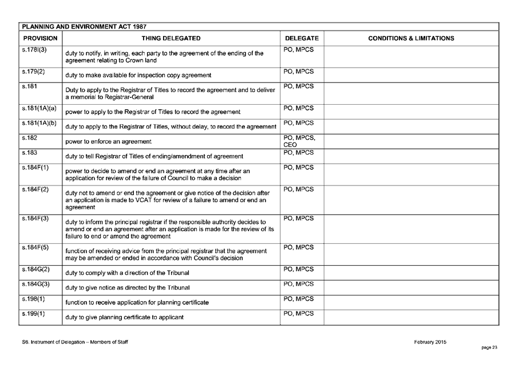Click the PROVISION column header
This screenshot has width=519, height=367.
[x=40, y=38]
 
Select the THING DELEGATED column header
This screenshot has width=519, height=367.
[x=171, y=38]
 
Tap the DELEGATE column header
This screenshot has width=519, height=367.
[x=302, y=38]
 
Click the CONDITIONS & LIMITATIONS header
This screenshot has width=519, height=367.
[x=411, y=38]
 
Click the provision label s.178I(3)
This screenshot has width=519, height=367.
[x=35, y=50]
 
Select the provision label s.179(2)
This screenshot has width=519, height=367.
[x=34, y=72]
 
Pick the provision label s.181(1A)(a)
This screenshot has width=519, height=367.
[x=39, y=108]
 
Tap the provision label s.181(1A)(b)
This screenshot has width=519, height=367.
[x=39, y=123]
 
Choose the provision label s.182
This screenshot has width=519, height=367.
[x=29, y=138]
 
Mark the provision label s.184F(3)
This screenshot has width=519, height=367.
[x=35, y=219]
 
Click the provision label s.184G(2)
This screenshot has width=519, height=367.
[x=36, y=269]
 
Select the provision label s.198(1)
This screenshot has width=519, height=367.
[x=34, y=299]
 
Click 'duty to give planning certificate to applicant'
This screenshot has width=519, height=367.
[x=125, y=317]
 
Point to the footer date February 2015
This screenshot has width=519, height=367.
[x=430, y=342]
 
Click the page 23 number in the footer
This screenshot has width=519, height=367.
[x=489, y=347]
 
